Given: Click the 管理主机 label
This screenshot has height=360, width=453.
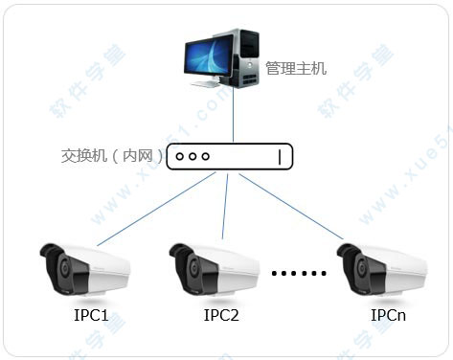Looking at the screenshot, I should [296, 69].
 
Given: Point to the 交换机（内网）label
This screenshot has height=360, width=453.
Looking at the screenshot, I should [111, 155].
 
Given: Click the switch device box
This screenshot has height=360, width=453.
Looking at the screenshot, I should [230, 156].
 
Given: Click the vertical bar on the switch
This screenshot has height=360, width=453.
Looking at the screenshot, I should [280, 156].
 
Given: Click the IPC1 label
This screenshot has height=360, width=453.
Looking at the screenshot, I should [90, 314].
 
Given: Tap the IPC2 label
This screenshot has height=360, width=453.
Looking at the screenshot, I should [221, 314].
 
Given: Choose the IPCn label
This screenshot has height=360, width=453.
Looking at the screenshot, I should [389, 314].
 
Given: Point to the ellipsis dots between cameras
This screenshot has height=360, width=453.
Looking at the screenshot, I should [299, 274].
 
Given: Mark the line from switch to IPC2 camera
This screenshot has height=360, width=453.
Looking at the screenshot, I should [225, 206].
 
